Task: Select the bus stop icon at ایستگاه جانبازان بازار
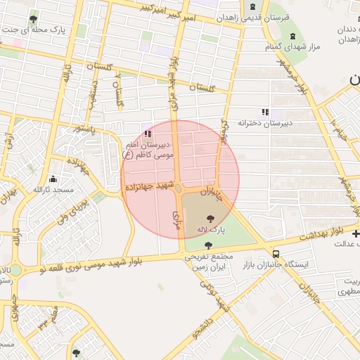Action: pos(276,253)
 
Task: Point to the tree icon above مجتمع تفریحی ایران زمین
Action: pos(207,245)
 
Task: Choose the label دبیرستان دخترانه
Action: pos(264,122)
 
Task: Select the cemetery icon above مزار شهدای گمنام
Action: pos(292,35)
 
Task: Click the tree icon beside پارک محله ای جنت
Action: pos(33,19)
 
